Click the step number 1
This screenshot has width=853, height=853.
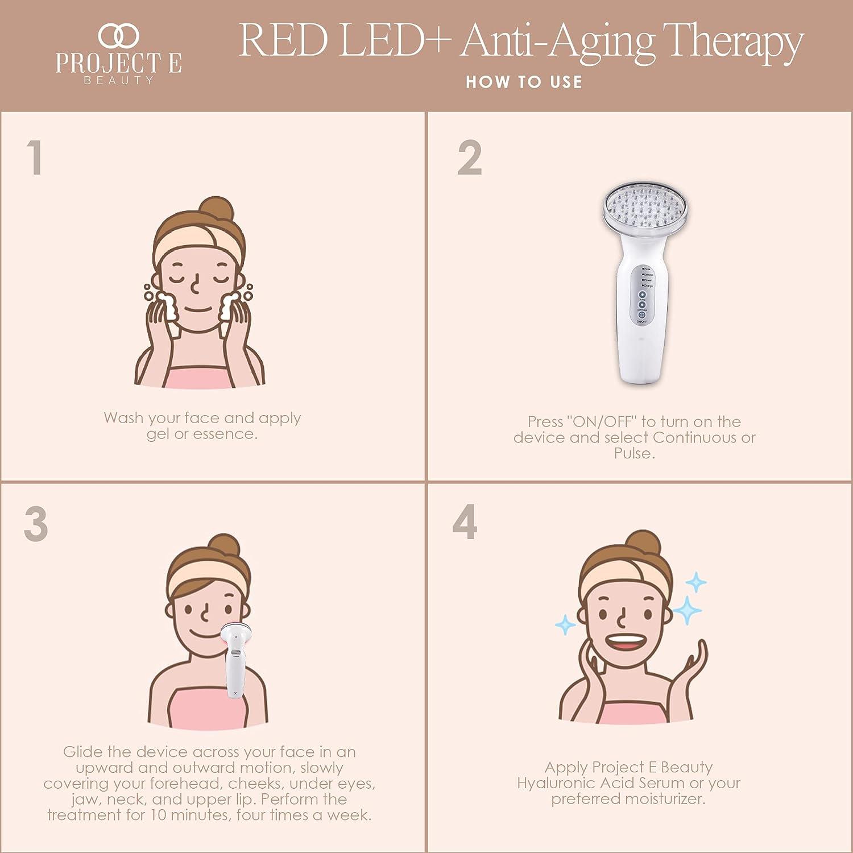(35, 157)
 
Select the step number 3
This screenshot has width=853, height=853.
(36, 524)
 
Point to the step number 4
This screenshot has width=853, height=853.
(465, 522)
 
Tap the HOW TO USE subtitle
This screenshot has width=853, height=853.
(524, 82)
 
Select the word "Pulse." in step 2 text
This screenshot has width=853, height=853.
(634, 453)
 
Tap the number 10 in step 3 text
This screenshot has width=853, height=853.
(159, 815)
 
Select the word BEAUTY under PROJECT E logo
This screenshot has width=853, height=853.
(119, 80)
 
